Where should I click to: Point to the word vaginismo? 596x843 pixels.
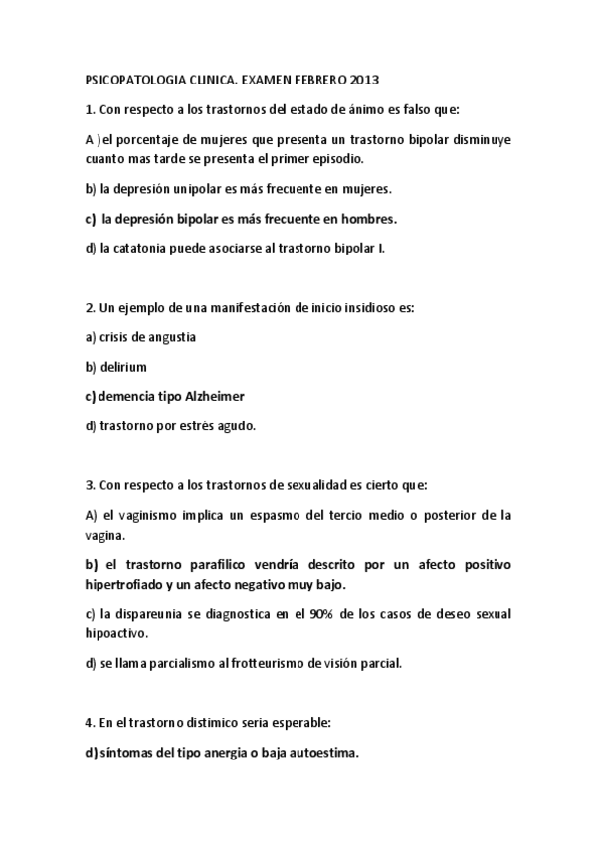(x=148, y=515)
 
